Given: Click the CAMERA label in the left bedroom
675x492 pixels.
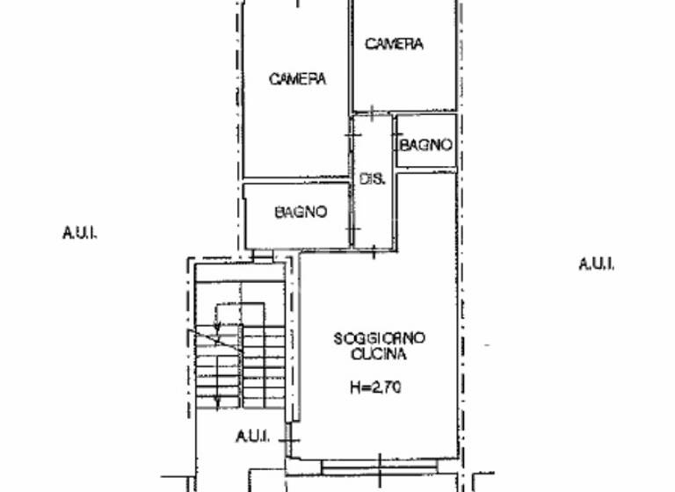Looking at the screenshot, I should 297,79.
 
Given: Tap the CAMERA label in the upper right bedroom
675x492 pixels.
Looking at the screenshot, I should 395,44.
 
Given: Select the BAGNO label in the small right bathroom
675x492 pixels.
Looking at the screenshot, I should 426,145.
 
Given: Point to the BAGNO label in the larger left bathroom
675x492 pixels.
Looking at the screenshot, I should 301,212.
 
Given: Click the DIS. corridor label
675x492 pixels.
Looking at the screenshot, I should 372,179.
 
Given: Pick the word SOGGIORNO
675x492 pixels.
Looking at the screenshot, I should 379,338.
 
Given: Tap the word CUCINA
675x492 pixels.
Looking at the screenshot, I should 378,355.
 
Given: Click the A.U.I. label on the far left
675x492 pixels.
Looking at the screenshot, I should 79,233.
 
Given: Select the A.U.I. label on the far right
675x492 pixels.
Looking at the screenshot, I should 597,264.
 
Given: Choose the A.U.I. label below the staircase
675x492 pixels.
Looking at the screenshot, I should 251,436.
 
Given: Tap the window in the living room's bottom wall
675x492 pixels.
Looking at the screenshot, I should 378,467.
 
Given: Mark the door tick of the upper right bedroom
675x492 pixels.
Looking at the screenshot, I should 373,112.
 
